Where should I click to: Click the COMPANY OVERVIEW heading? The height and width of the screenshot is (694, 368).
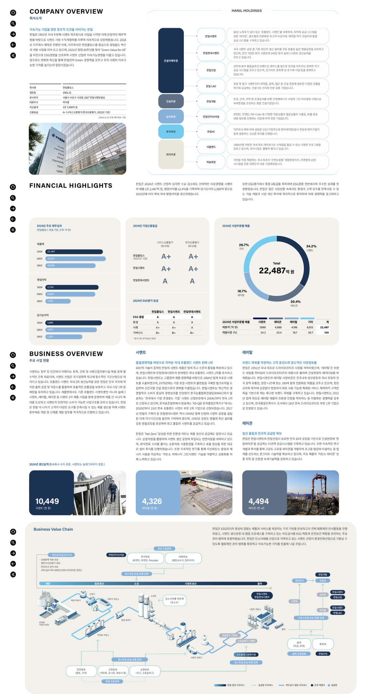[x=66, y=12]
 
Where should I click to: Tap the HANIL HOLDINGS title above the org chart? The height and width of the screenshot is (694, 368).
[x=247, y=11]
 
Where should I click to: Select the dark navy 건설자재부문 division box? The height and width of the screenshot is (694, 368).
[x=171, y=61]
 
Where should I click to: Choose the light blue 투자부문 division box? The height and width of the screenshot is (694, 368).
[x=171, y=132]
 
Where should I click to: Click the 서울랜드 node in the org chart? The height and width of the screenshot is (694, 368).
[x=211, y=147]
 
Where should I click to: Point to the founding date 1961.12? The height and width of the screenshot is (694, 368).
[x=67, y=93]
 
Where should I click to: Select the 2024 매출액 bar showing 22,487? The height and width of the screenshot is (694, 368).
[x=74, y=252]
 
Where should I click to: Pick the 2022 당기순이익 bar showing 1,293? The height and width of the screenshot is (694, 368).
[x=64, y=337]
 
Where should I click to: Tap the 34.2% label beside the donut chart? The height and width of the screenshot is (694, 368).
[x=311, y=246]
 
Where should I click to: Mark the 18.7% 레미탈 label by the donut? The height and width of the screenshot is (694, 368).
[x=242, y=291]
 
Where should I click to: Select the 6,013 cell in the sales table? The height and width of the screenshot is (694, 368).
[x=310, y=328]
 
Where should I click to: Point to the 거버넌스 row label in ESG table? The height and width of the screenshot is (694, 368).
[x=138, y=333]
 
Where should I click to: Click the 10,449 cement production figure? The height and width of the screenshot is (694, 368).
[x=47, y=501]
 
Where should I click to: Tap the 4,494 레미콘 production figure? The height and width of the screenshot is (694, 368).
[x=258, y=501]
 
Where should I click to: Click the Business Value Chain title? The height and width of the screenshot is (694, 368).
[x=53, y=529]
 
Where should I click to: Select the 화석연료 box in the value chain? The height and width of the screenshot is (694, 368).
[x=145, y=558]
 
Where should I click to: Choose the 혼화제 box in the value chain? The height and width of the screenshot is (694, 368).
[x=323, y=644]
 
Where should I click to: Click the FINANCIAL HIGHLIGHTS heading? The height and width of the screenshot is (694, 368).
[x=71, y=186]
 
